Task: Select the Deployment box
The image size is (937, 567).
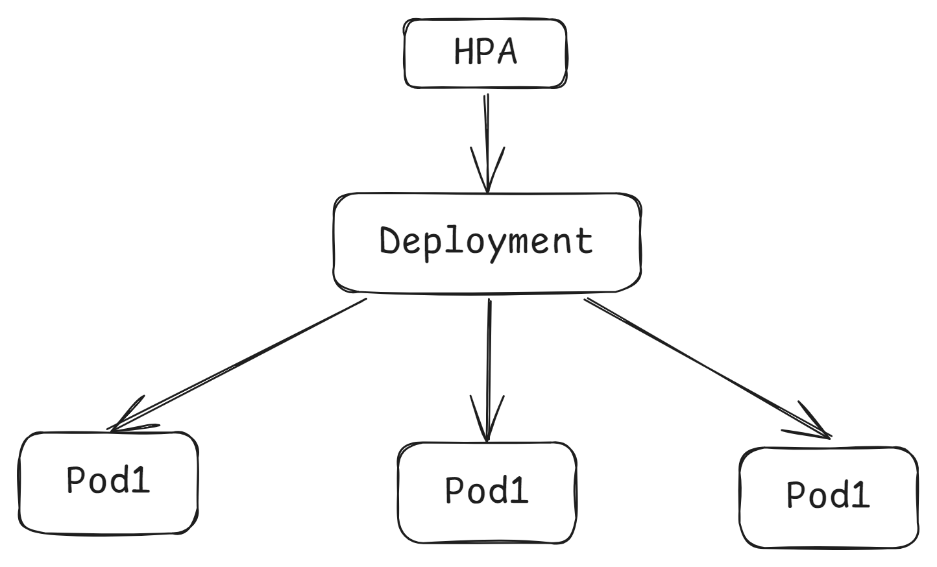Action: pos(487,242)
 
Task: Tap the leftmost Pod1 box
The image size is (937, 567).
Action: pos(108,483)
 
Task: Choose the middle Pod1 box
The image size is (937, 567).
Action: pos(487,492)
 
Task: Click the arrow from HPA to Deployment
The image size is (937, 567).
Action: pos(486,130)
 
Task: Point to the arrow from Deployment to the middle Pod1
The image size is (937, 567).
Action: pos(489,363)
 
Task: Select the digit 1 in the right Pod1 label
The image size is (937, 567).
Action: pos(860,496)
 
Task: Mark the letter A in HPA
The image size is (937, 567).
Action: pos(507,52)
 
